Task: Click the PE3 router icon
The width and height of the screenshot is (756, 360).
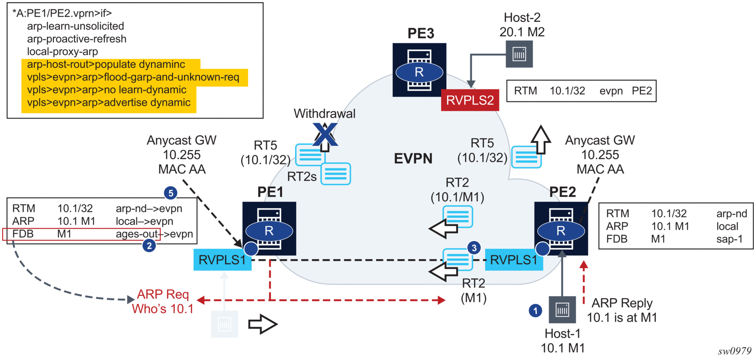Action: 419,70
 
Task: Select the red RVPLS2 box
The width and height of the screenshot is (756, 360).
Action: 470,100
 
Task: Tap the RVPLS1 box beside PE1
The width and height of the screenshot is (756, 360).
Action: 222,260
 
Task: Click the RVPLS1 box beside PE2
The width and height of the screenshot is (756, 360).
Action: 514,260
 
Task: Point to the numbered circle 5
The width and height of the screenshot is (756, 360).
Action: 170,193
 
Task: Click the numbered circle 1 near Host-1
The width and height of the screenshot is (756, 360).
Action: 535,311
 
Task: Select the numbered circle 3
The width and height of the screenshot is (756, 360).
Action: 474,248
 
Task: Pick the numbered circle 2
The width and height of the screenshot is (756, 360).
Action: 149,246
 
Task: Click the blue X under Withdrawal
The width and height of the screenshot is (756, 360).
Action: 325,134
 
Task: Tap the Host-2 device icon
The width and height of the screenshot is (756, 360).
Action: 519,54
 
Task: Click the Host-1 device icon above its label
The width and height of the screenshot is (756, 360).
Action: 562,310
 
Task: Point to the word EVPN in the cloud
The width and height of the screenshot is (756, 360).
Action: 413,159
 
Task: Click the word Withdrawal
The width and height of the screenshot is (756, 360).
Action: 324,114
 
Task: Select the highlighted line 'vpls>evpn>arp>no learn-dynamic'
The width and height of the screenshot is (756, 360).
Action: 107,90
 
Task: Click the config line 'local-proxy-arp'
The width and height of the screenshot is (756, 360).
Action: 62,52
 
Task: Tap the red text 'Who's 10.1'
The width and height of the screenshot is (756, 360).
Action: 163,309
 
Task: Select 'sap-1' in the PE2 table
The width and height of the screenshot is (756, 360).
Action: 729,239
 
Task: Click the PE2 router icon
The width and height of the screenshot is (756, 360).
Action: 561,229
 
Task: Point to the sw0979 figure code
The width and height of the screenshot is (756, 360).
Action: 735,351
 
